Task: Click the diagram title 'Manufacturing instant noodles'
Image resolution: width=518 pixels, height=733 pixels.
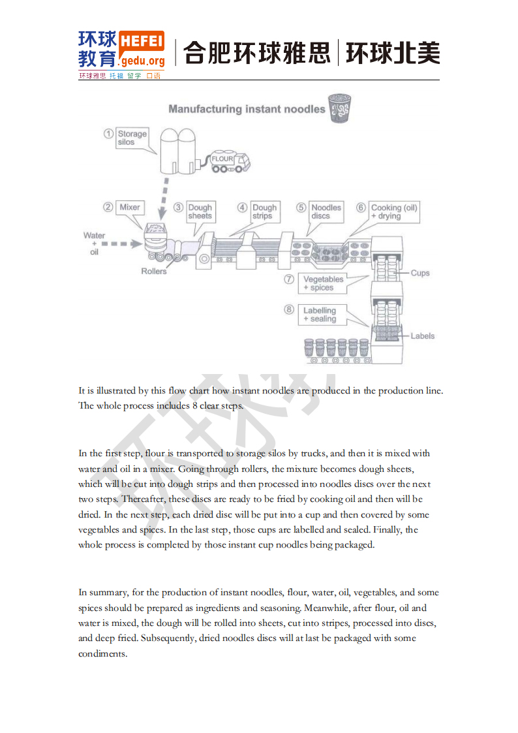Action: tap(247, 109)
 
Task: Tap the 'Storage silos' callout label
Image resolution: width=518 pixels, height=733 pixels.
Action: tap(132, 138)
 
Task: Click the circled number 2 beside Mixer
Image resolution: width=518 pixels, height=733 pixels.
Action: tap(108, 208)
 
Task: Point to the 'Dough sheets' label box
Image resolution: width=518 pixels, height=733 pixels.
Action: tap(200, 211)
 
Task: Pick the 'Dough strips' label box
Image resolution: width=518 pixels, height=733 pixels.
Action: tap(264, 211)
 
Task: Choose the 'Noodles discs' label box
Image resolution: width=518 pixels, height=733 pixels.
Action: tap(326, 211)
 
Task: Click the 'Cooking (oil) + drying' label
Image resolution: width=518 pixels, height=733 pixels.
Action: tap(393, 211)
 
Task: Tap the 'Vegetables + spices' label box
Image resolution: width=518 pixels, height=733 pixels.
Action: tap(322, 283)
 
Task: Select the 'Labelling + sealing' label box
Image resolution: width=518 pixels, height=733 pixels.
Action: tap(320, 315)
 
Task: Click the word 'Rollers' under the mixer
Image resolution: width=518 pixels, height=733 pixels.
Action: tap(154, 271)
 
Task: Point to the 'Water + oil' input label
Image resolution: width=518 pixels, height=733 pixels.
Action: tap(94, 243)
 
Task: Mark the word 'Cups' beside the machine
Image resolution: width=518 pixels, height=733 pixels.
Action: tap(420, 273)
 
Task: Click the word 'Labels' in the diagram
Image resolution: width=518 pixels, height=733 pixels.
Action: tap(422, 336)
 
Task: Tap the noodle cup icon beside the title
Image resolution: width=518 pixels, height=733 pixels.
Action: tap(339, 108)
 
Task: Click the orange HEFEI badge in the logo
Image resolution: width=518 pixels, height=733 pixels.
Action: tap(142, 40)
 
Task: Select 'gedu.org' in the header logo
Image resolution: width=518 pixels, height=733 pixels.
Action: tap(142, 61)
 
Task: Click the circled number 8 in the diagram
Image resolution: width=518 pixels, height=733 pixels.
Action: tap(289, 310)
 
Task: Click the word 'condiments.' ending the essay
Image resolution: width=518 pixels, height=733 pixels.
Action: tap(102, 653)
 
